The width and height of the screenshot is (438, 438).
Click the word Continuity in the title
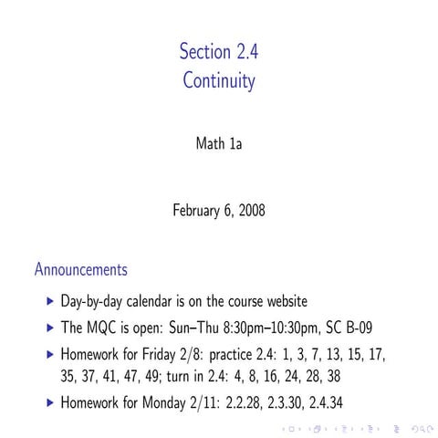click(x=219, y=81)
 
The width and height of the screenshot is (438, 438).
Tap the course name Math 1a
click(x=219, y=143)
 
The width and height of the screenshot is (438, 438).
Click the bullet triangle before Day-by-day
click(x=49, y=300)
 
